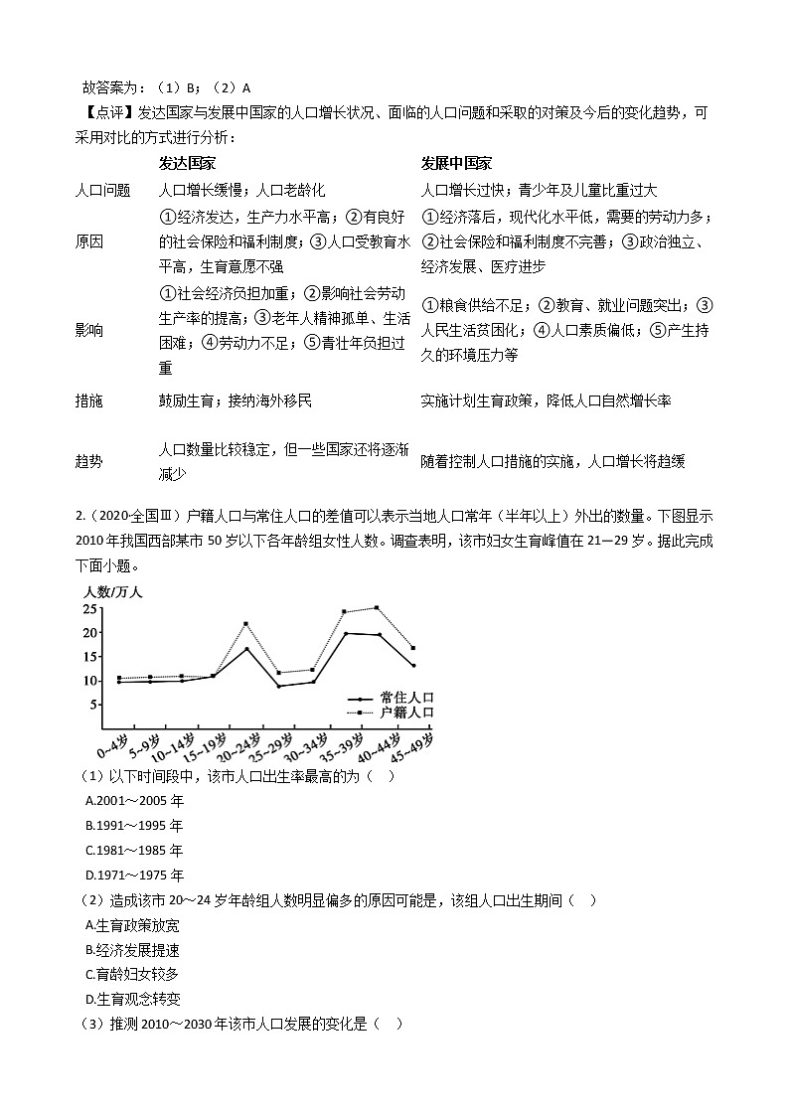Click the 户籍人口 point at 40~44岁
pos(377,607)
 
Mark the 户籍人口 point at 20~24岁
pos(246,624)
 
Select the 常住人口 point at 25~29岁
pos(279,687)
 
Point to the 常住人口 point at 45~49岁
pos(412,666)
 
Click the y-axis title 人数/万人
pos(114,592)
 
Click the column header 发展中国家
pos(456,163)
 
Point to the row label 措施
pos(89,400)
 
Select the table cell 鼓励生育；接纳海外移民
pos(235,400)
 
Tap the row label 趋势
pos(89,462)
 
